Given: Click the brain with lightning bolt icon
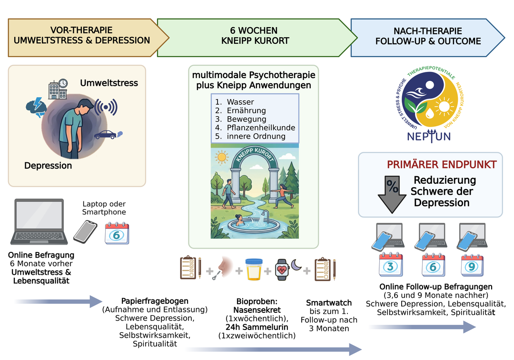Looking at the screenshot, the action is (x=36, y=107).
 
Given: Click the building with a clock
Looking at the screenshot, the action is (x=58, y=89).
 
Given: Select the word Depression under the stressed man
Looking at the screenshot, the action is (x=48, y=166).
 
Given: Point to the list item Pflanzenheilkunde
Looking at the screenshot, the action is (x=261, y=128).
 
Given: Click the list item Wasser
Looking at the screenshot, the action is (x=240, y=102).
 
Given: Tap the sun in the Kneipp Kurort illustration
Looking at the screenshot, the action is (x=221, y=157).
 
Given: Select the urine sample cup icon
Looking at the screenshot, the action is (x=253, y=270).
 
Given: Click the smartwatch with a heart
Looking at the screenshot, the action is (x=282, y=270).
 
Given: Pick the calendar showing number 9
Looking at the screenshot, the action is (x=472, y=265).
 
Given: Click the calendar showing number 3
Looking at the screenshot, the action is (x=390, y=265).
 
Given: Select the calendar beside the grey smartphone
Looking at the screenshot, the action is (x=117, y=233).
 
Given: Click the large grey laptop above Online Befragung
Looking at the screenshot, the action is (x=39, y=221).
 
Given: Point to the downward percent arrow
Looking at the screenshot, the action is (x=392, y=194).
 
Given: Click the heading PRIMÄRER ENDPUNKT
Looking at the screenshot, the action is (x=442, y=165).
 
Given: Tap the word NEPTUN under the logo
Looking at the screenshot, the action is (x=429, y=136).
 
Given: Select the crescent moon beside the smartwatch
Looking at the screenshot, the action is (x=297, y=265).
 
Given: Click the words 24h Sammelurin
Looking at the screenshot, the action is (x=257, y=327).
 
